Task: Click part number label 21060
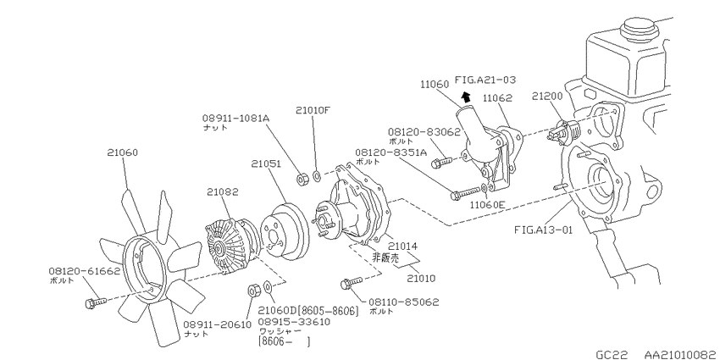[x=123, y=152]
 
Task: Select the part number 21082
[x=222, y=192]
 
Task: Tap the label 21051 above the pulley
[x=266, y=164]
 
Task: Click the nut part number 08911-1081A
[x=235, y=118]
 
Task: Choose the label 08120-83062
[x=424, y=132]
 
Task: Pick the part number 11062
[x=497, y=98]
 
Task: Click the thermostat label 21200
[x=547, y=96]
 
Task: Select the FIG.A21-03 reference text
[x=485, y=80]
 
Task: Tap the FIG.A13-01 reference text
[x=544, y=230]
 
